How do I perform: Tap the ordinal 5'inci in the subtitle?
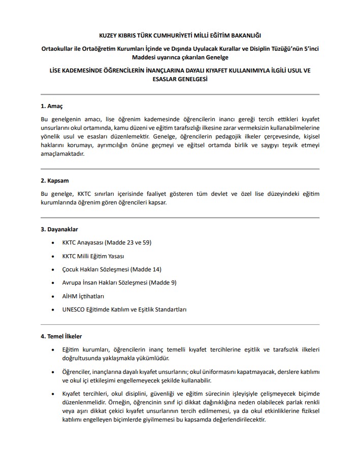[x=308, y=48]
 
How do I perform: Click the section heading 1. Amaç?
[x=51, y=107]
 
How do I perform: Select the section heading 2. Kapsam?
[x=54, y=181]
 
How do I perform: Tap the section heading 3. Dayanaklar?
[x=59, y=230]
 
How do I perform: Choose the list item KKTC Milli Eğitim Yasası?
[x=93, y=256]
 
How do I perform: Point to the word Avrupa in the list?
[x=72, y=282]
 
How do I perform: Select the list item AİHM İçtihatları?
[x=83, y=296]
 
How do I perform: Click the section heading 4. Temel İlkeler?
[x=61, y=336]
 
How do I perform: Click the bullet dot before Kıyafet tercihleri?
[x=53, y=394]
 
